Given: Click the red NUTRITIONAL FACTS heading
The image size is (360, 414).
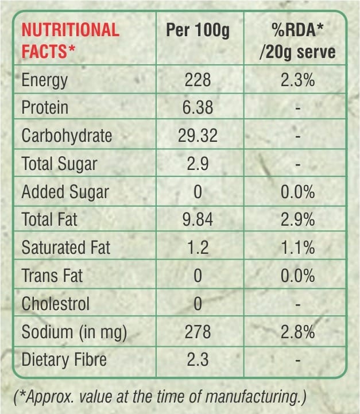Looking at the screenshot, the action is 71,40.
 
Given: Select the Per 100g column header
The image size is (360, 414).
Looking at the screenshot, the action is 198,30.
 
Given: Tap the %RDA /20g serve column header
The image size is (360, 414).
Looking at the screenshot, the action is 297,41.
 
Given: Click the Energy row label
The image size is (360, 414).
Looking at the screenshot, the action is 45,80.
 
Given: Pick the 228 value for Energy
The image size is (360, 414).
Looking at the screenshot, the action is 198,80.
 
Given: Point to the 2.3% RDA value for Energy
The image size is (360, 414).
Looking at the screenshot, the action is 297,80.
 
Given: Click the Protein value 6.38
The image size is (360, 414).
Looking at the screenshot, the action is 198,107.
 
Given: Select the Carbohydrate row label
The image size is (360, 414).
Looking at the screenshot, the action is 67,136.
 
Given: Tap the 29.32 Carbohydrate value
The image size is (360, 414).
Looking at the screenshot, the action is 198,136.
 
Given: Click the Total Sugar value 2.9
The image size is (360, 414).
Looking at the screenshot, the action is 198,164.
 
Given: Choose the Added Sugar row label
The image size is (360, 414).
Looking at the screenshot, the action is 65,192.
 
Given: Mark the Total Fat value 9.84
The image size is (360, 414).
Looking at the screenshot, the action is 198,219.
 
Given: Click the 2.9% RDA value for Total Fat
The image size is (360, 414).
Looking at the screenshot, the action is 297,219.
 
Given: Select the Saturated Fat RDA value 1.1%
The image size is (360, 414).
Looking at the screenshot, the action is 297,247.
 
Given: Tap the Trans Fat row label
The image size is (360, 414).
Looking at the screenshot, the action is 52,276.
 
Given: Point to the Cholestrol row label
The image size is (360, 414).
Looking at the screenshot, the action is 56,304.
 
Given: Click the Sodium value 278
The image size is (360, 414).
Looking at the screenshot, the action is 198,332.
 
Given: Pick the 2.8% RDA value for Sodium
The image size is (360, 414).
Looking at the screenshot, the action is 297,332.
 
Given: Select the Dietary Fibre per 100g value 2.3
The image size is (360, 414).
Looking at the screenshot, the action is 198,359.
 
